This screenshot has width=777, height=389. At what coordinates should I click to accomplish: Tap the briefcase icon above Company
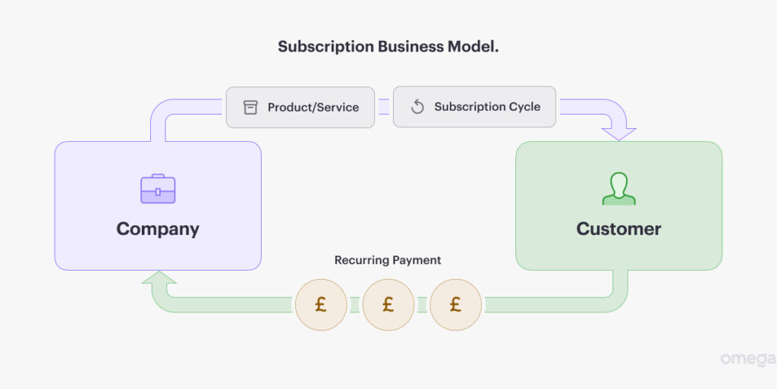[158, 189]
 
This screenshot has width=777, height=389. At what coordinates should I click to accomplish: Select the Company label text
[158, 229]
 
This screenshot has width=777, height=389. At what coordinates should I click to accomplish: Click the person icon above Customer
[618, 189]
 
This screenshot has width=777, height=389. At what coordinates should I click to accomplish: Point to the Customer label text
[618, 229]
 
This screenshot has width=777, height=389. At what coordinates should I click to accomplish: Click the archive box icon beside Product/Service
[250, 108]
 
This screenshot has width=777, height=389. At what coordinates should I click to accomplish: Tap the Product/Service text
[313, 108]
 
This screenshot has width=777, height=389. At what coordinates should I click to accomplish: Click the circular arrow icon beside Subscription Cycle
[417, 107]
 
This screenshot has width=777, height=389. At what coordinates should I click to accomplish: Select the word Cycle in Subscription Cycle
[524, 107]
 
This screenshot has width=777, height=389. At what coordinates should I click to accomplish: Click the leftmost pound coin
[321, 305]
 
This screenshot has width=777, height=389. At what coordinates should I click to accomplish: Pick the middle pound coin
[388, 305]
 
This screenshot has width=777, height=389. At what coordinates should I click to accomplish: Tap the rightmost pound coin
[455, 305]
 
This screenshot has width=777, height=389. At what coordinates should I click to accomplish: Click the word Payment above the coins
[417, 260]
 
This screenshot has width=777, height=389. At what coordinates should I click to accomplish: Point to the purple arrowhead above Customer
[618, 133]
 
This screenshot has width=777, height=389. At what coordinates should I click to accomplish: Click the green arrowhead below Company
[158, 280]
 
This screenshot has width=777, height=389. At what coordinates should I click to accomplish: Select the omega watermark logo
[747, 359]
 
